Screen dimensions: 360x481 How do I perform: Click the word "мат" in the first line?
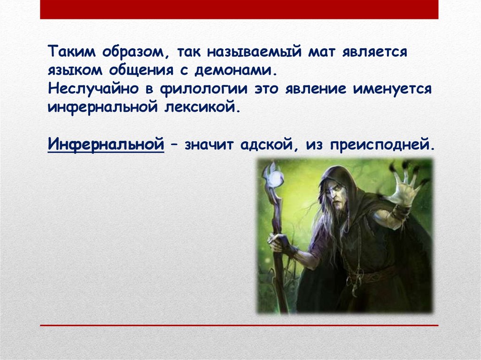[x=321, y=52]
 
